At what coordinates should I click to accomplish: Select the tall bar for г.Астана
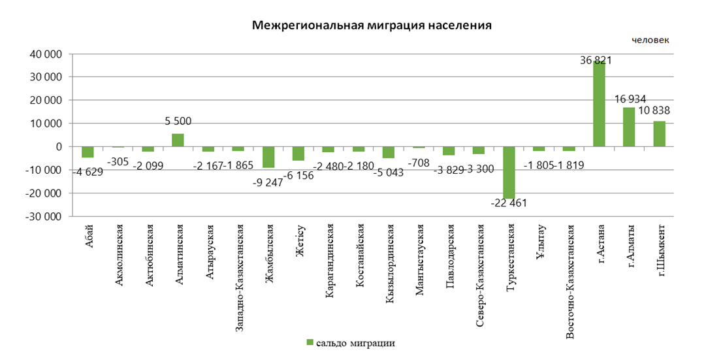tap(599, 104)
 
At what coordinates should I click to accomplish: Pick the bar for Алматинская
tap(178, 140)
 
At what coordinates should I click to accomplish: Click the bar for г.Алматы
tap(629, 127)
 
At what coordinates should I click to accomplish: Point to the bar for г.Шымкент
tap(659, 134)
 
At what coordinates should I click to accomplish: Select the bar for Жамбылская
tap(268, 157)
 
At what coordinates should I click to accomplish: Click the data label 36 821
tap(596, 60)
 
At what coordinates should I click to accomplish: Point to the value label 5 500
tap(178, 122)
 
